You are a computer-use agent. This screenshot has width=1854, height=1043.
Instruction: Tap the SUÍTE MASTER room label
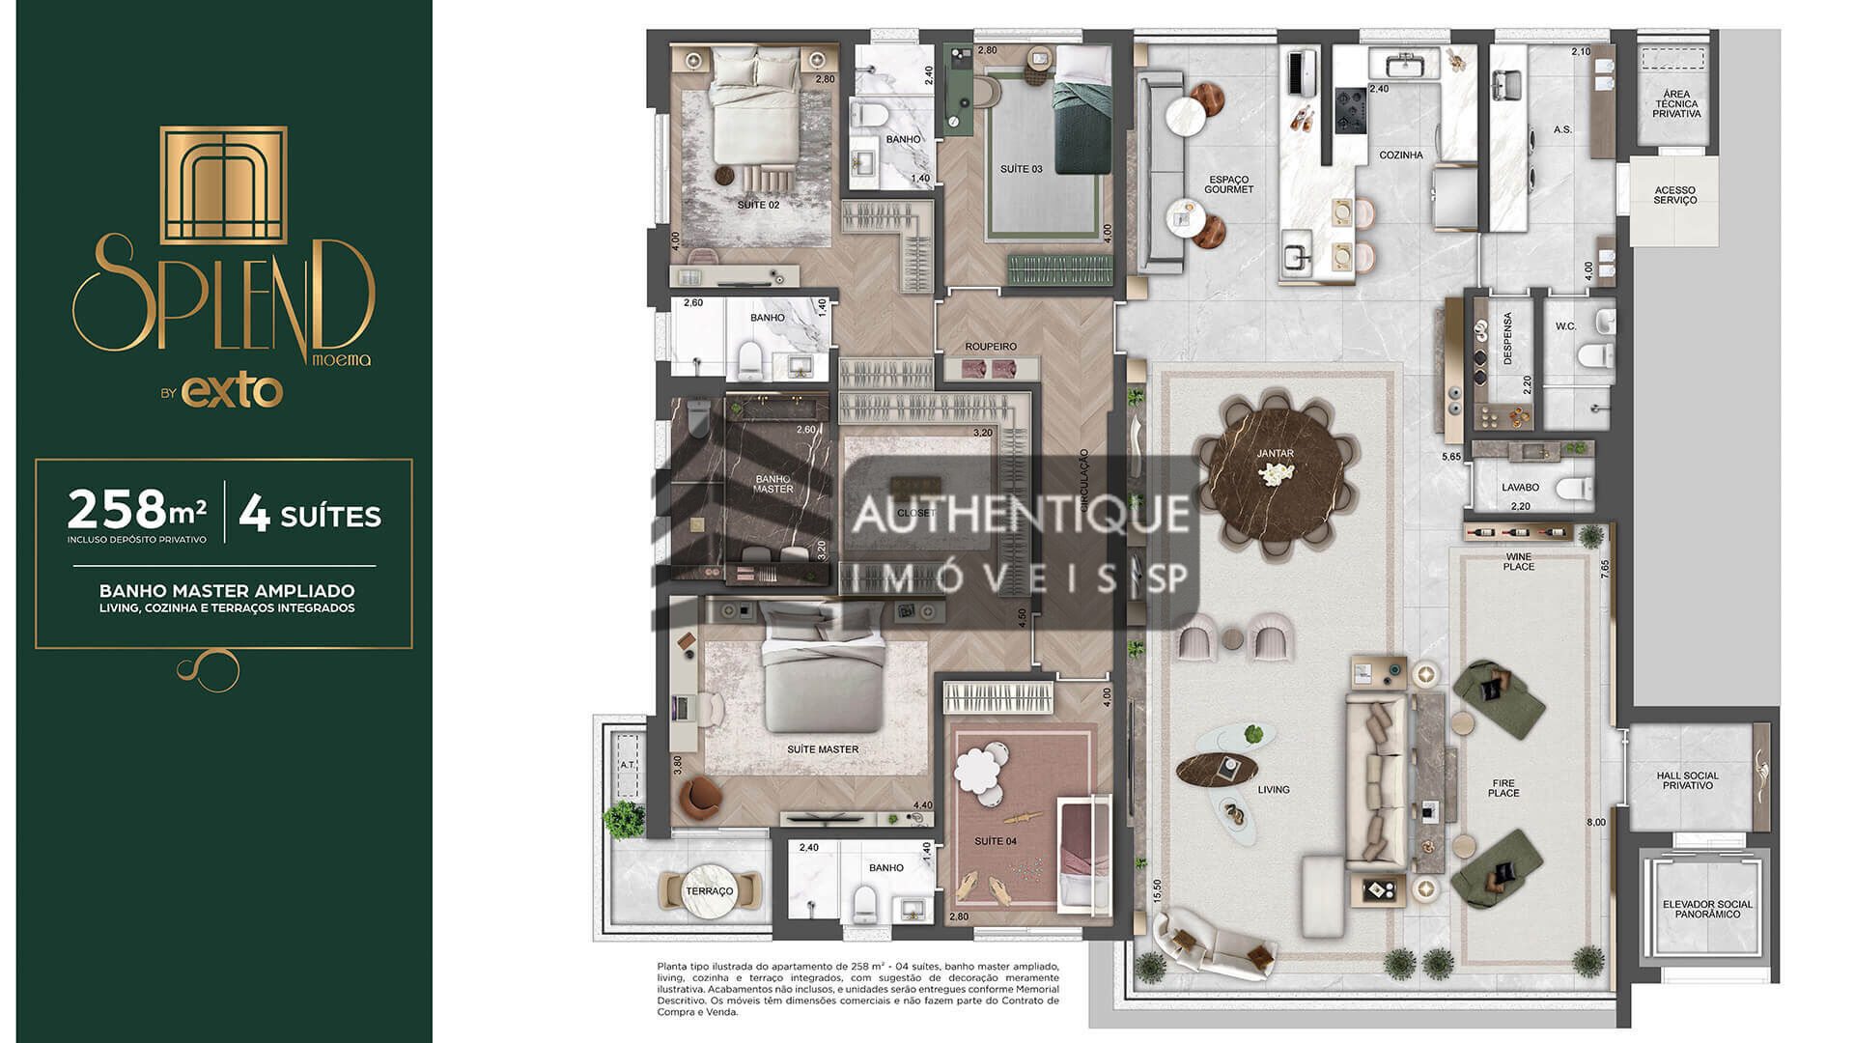822,749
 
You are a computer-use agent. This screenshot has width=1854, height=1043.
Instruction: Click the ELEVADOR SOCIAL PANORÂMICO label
1707,909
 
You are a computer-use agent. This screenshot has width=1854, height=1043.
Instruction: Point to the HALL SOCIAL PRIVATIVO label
1688,780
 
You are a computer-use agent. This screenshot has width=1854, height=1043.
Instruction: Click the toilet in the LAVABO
1573,489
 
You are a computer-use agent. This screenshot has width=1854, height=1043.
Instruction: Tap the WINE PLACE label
1518,562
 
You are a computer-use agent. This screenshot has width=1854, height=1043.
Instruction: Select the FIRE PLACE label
1503,788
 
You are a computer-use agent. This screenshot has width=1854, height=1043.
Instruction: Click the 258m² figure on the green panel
136,509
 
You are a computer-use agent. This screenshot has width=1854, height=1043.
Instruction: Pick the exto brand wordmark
232,391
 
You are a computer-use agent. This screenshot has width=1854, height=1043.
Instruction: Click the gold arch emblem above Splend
223,184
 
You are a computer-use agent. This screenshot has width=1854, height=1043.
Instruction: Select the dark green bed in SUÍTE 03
1081,126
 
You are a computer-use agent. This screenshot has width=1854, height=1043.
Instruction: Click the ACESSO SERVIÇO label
1674,195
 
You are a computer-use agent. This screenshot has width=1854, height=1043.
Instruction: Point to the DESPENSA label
1507,338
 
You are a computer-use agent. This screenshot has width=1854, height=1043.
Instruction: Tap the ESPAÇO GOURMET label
1228,184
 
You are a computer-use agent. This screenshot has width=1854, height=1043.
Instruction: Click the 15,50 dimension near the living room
1157,890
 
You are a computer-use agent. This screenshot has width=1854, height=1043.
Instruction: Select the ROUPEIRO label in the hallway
991,347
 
